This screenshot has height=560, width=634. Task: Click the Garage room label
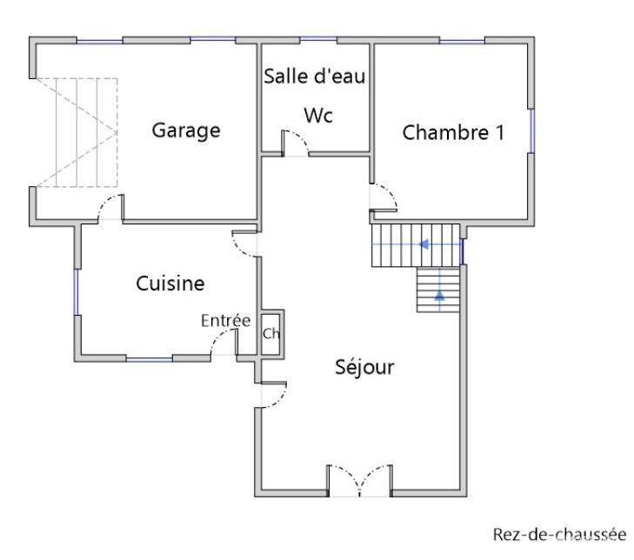186,130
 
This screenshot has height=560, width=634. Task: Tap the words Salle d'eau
315,76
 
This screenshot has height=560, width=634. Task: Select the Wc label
318,116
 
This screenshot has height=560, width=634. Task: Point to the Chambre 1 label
453,132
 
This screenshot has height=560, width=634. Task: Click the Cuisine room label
170,283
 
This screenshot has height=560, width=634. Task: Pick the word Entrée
225,321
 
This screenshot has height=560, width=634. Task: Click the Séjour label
364,367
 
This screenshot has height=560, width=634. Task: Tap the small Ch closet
270,334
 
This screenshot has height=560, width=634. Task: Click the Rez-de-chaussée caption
559,534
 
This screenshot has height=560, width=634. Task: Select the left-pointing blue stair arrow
424,244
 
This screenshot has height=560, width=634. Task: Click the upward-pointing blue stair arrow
439,296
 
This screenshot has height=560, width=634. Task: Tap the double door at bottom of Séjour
359,481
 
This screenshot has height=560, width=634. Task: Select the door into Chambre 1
383,197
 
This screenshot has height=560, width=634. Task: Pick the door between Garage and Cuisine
110,208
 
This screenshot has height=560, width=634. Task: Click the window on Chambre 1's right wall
531,130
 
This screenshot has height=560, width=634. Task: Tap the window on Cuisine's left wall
76,292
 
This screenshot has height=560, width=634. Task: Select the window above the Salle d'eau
318,39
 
